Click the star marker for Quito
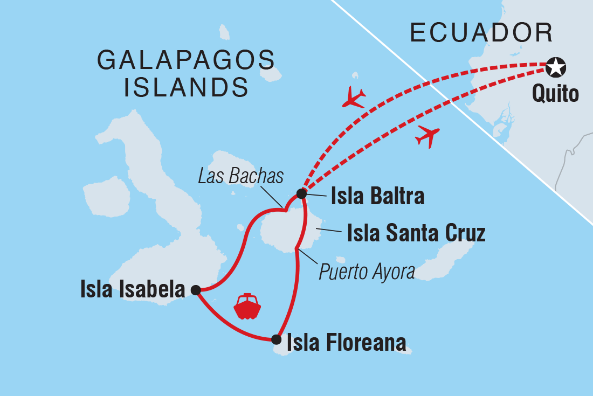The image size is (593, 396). [x=555, y=68]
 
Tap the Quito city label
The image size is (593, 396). [x=555, y=94]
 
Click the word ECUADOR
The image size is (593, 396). [x=481, y=33]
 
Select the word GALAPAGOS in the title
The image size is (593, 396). [x=186, y=60]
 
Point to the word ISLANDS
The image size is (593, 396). [x=186, y=87]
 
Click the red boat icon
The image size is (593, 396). [x=247, y=307]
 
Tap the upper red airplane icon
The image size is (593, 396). [x=354, y=97]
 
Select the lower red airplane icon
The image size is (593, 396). [x=428, y=136]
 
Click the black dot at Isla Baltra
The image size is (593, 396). [x=301, y=193]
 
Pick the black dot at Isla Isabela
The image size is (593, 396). [x=196, y=290]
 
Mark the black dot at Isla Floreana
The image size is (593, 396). [x=276, y=339]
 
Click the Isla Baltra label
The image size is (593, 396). [x=377, y=197]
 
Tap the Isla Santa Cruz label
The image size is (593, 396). [x=416, y=234]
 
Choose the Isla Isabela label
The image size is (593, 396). [x=133, y=290]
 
